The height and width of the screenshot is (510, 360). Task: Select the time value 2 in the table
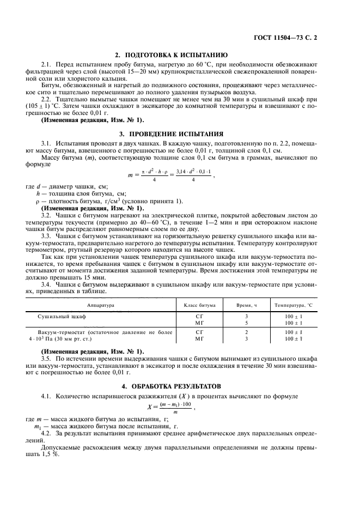pos(246,331)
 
